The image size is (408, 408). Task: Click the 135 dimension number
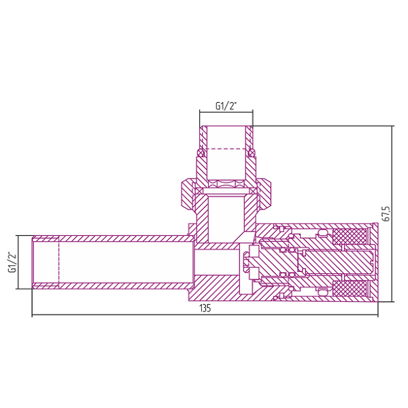pos(205,308)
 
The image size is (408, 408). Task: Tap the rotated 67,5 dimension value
pos(386,214)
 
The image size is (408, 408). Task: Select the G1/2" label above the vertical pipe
pos(226,106)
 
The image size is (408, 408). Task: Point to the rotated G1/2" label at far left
pos(12,262)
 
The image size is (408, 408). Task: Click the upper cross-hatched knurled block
pos(350,236)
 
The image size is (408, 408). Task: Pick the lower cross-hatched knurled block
pos(350,288)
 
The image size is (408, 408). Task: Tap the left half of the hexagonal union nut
pos(188,193)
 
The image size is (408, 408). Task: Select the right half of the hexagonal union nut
pos(265,193)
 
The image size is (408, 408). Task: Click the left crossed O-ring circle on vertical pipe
pos(201,153)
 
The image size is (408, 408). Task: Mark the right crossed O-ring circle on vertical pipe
pos(252,153)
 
